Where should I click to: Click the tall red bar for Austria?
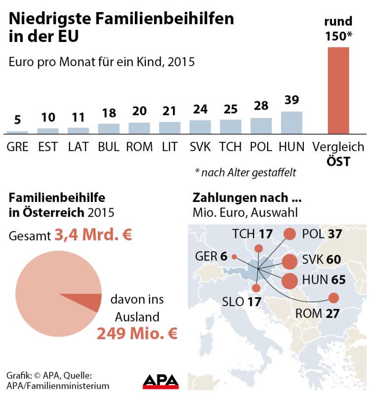338,90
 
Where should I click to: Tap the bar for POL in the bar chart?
261,126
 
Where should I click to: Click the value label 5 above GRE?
17,120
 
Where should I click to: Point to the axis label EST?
48,147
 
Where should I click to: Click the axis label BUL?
109,147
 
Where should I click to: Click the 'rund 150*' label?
338,29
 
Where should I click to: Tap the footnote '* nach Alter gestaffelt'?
245,172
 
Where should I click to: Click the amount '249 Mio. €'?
137,334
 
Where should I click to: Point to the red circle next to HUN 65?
290,280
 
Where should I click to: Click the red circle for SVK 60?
290,261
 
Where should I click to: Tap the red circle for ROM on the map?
334,298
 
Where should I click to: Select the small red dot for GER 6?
234,256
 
